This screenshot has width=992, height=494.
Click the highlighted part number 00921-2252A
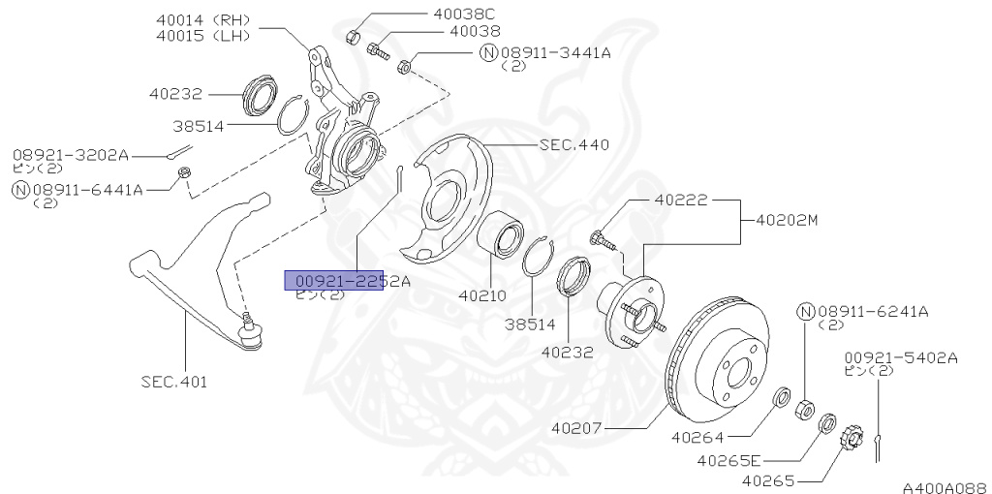(347, 281)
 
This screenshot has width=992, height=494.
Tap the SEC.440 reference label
(574, 145)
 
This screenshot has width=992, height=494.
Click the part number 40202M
(780, 220)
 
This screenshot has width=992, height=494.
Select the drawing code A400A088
(944, 486)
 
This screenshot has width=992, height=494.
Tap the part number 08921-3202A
(71, 154)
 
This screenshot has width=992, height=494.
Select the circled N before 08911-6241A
(805, 311)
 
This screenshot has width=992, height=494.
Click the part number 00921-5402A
(900, 357)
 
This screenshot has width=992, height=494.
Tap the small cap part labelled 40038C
(355, 37)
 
